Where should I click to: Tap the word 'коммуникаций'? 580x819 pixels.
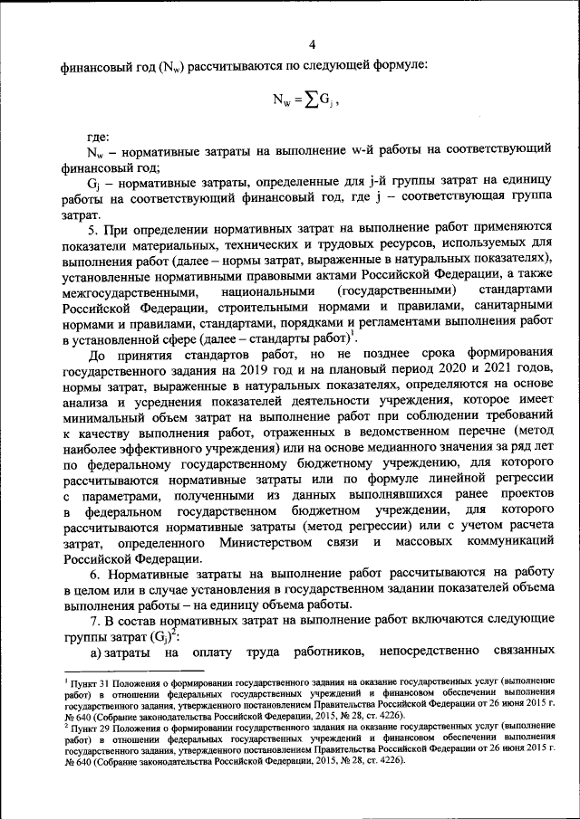point(500,541)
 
